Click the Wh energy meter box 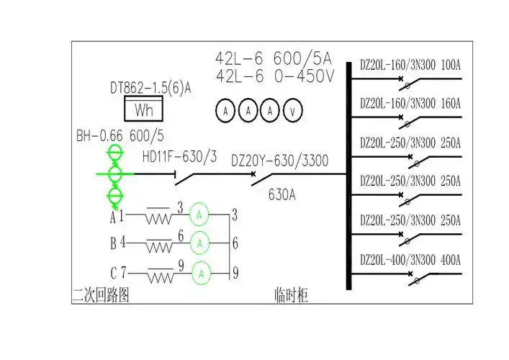pos(143,110)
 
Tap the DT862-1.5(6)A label pos(150,89)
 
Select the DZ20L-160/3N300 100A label pos(410,66)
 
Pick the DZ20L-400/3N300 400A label pos(410,259)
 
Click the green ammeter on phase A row pos(202,215)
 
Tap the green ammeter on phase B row pos(202,243)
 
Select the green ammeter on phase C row pos(202,273)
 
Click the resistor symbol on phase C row pos(160,275)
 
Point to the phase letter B pos(113,244)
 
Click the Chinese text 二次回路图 pos(101,295)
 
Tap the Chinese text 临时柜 pos(291,295)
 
